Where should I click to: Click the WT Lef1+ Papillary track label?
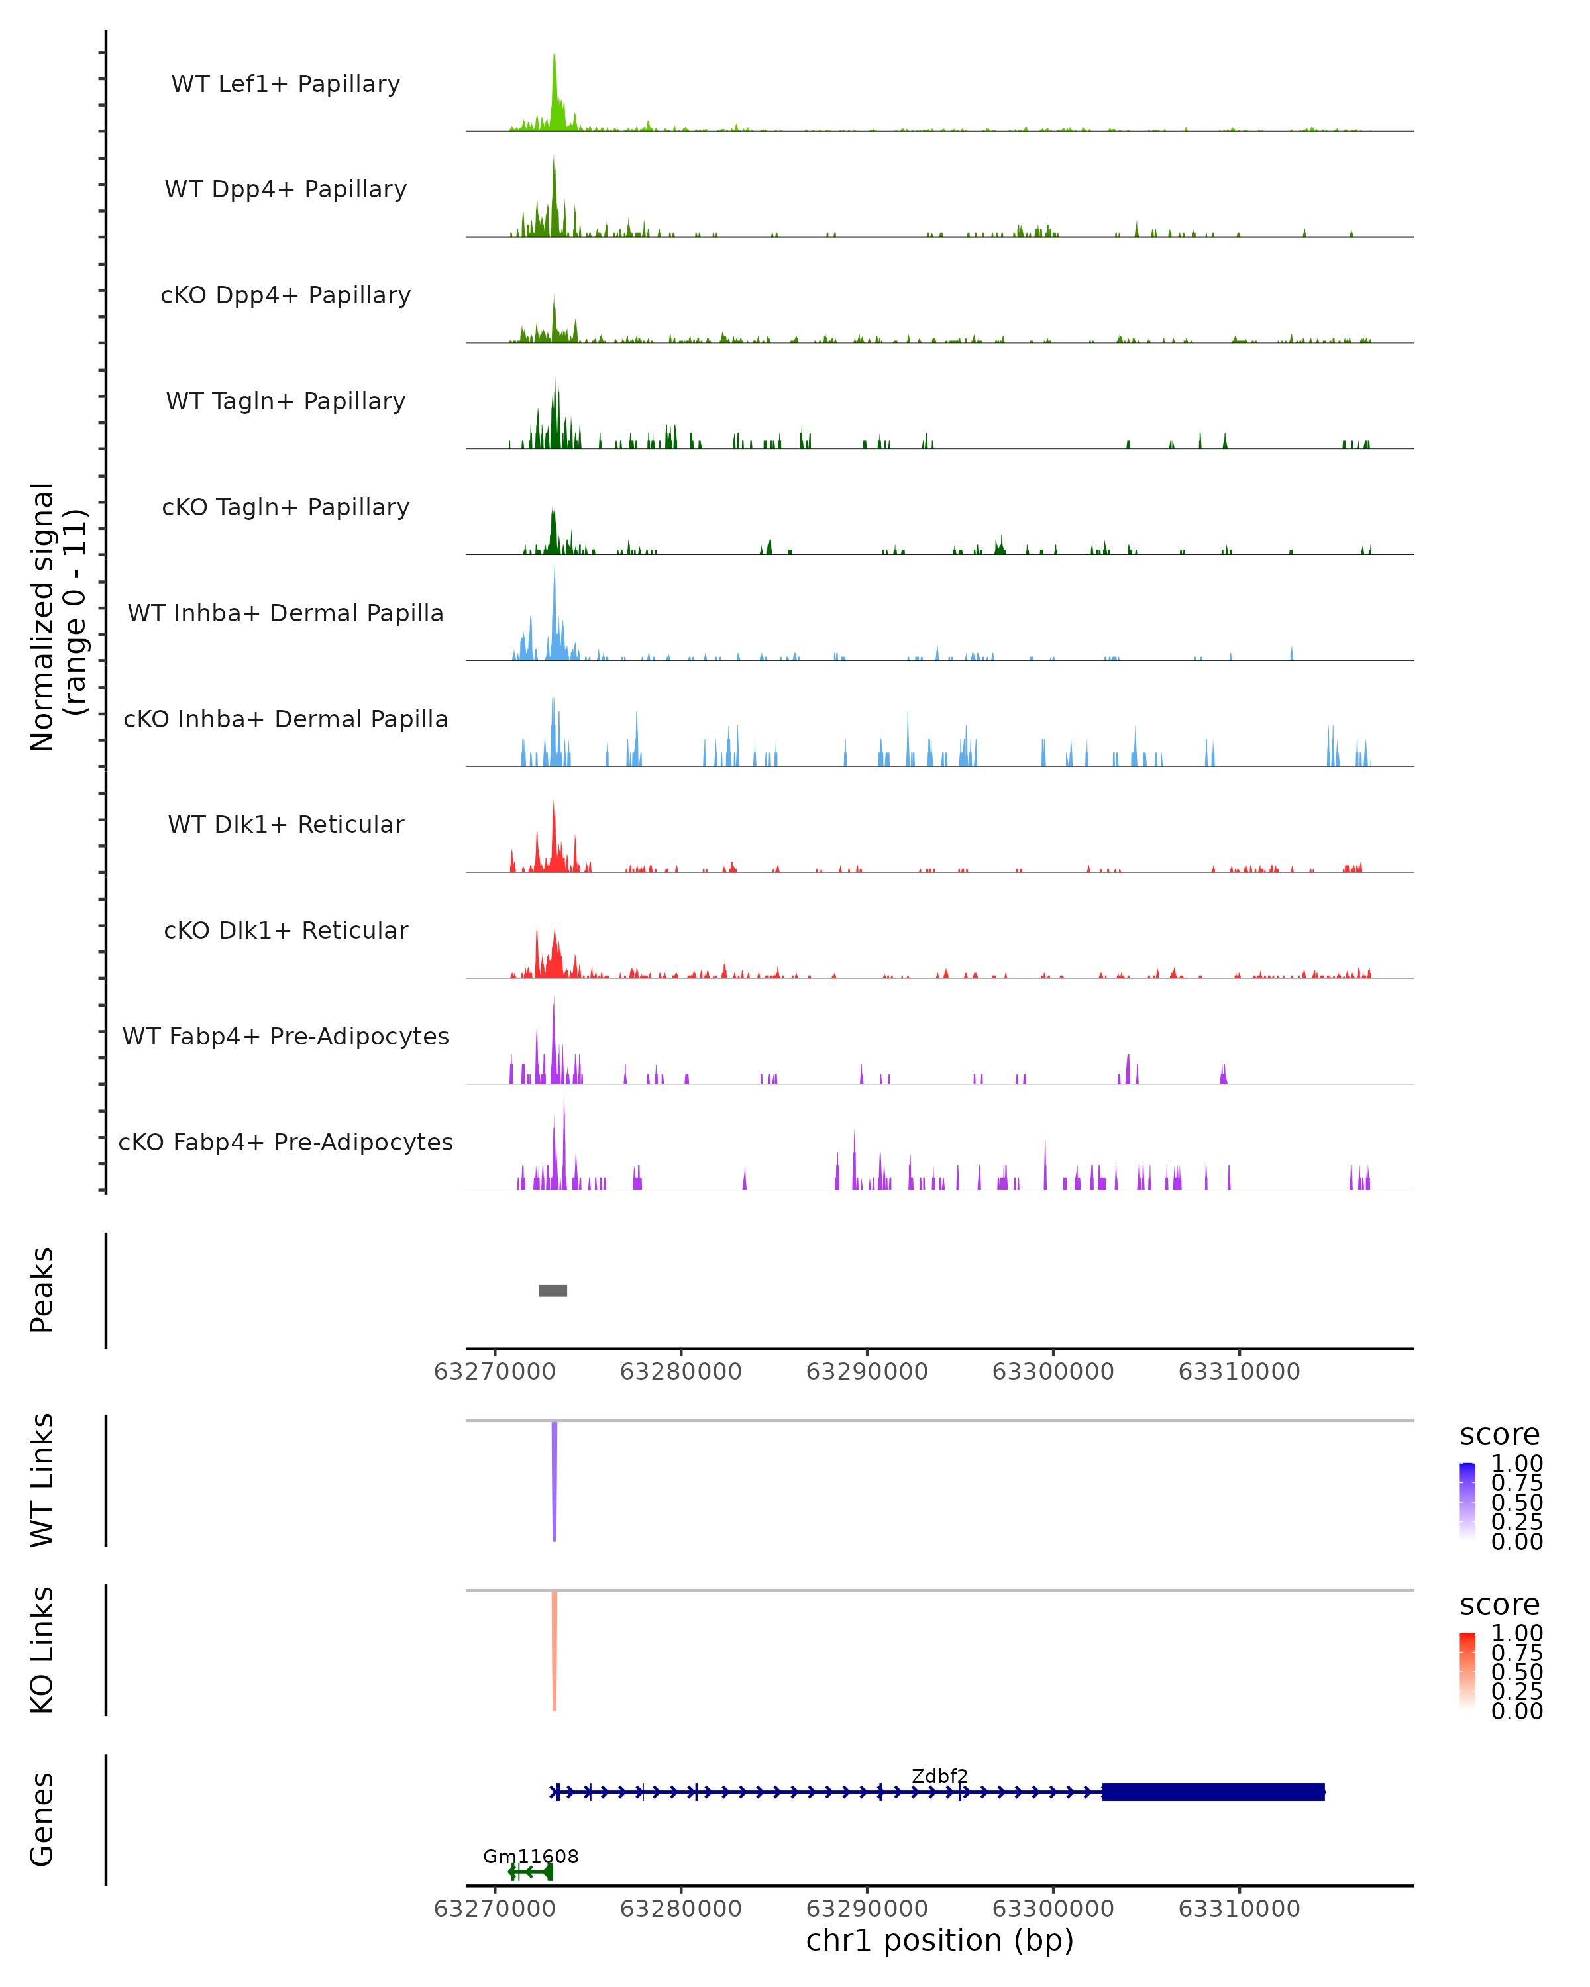point(286,84)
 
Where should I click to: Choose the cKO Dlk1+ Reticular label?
point(286,930)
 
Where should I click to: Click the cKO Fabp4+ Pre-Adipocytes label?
point(286,1142)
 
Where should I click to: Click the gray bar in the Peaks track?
point(553,1290)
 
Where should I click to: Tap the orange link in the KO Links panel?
point(554,1650)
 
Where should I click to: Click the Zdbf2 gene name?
point(939,1776)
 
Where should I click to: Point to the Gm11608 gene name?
point(531,1856)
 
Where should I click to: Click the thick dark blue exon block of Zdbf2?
point(1213,1792)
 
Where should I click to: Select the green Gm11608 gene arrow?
point(531,1872)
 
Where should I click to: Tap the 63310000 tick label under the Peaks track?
point(1239,1372)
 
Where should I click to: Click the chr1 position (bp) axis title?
point(939,1941)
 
